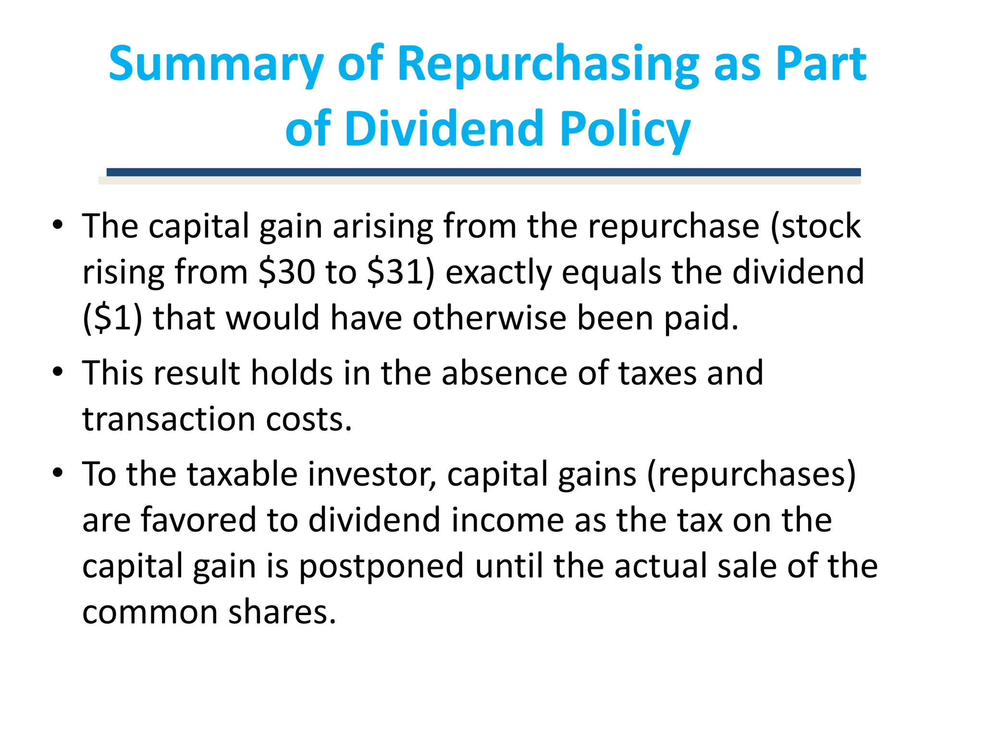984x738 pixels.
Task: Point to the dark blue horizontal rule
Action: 483,172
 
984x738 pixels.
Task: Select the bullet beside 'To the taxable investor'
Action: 58,473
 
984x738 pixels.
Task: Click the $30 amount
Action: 287,272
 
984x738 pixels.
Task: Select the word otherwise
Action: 489,318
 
